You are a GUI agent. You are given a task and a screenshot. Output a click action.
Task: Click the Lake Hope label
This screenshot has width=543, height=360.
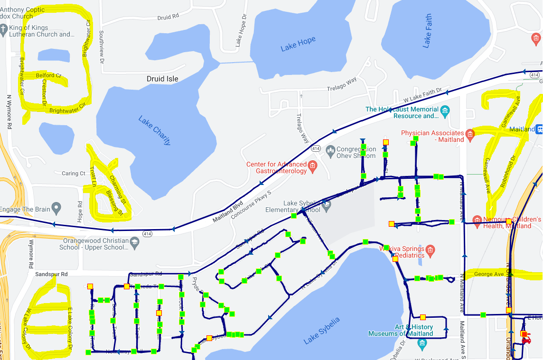click(298, 44)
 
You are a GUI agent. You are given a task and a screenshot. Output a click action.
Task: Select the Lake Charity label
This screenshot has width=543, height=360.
click(154, 130)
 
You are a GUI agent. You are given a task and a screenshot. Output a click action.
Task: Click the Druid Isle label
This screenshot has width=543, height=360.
click(162, 79)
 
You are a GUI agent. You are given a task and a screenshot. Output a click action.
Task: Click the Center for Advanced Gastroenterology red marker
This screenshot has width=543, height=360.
click(312, 166)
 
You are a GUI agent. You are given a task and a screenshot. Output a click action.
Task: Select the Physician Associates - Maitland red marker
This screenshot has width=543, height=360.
click(470, 134)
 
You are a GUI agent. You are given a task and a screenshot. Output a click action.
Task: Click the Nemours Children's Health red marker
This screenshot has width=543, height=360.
click(477, 220)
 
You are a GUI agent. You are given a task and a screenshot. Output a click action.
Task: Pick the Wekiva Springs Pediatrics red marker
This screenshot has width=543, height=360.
click(430, 249)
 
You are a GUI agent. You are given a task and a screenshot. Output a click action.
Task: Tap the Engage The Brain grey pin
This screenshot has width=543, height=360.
click(56, 207)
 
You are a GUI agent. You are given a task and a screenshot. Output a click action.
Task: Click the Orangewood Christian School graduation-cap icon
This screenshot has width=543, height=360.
click(135, 242)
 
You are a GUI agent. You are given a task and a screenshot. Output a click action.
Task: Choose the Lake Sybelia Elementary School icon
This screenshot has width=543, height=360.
click(326, 205)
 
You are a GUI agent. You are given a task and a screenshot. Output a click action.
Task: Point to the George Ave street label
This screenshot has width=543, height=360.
click(489, 274)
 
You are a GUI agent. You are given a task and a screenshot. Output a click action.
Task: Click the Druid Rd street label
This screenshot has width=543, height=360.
click(168, 17)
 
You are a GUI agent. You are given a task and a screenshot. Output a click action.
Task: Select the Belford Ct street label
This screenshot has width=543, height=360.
click(48, 75)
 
